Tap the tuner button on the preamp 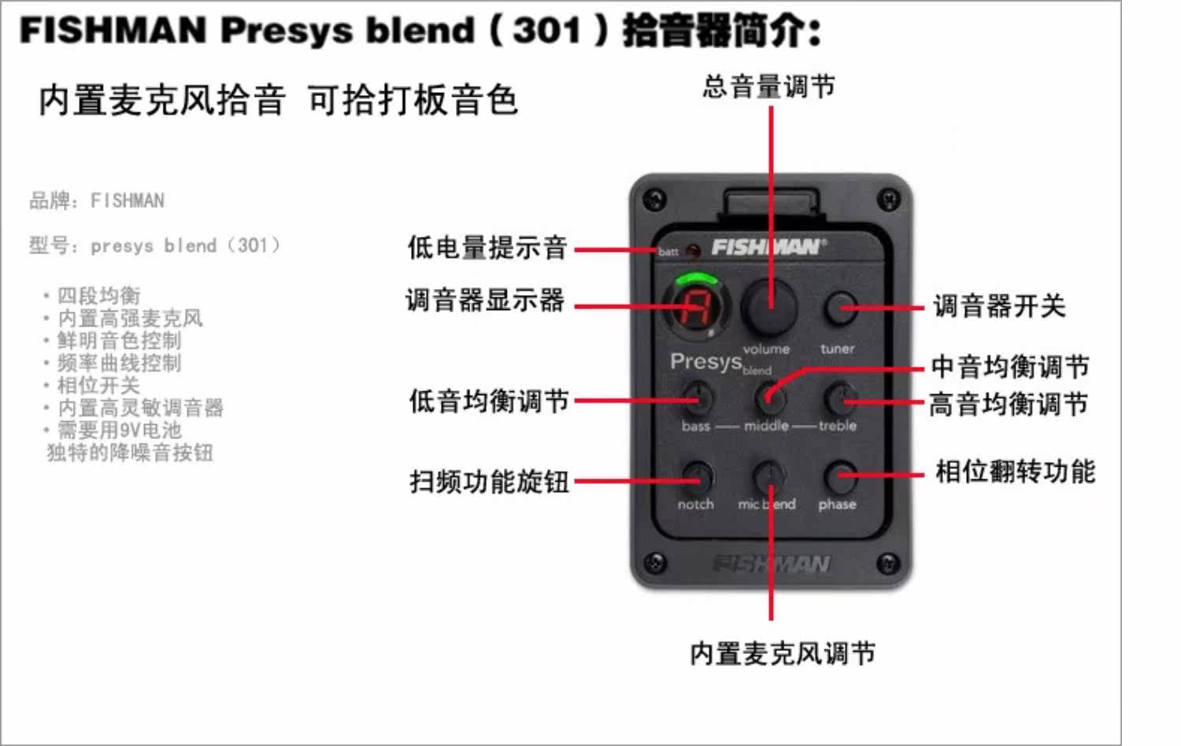(x=839, y=307)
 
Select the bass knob (x=698, y=397)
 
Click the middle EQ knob (x=769, y=397)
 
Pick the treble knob (x=839, y=397)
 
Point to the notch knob (x=697, y=476)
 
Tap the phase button (x=839, y=476)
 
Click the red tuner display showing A (x=696, y=306)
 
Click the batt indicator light (x=693, y=251)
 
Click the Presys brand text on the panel (x=706, y=362)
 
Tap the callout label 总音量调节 (x=768, y=86)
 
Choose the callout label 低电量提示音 (x=487, y=247)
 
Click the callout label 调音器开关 (x=999, y=306)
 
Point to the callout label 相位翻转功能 (x=1015, y=471)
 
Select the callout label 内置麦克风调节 (x=782, y=653)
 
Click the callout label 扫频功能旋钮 (x=489, y=481)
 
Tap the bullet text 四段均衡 (x=98, y=296)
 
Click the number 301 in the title (x=546, y=31)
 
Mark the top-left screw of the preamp (x=653, y=198)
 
